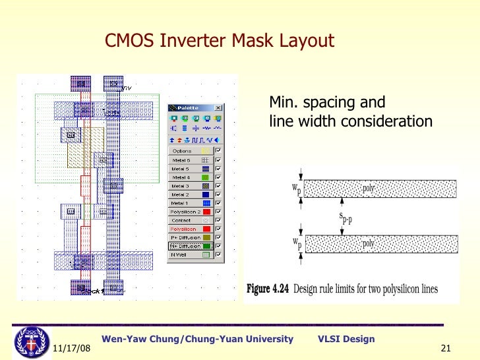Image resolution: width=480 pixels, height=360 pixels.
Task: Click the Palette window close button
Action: coord(218,107)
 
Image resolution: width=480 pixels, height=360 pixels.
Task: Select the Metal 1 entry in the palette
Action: coord(181,203)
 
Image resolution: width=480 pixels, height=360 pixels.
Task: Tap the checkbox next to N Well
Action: coord(217,254)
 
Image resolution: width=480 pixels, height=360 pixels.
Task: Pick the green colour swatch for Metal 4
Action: coord(205,177)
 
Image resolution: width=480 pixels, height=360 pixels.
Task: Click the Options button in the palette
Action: coord(181,151)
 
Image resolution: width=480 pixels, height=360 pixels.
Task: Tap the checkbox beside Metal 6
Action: coord(217,160)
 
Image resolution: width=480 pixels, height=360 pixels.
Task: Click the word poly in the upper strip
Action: coord(369,188)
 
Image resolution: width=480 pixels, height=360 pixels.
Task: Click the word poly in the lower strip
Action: coord(369,243)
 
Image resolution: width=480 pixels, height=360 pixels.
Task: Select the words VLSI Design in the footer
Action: coord(346,339)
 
